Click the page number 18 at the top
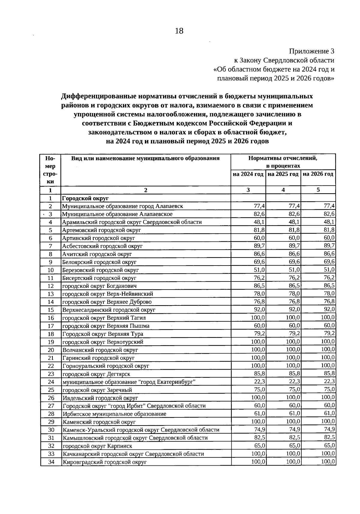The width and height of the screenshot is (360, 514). click(x=179, y=31)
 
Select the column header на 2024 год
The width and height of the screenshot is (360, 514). click(x=248, y=174)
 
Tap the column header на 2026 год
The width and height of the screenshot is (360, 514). click(x=318, y=174)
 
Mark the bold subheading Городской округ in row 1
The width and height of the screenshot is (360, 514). click(x=85, y=198)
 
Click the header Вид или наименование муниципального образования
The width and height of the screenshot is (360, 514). click(x=145, y=158)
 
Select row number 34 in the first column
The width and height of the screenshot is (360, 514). click(x=51, y=462)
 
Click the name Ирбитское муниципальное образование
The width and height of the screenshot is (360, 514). click(x=114, y=414)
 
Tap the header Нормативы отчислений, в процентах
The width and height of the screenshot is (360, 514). click(x=283, y=162)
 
